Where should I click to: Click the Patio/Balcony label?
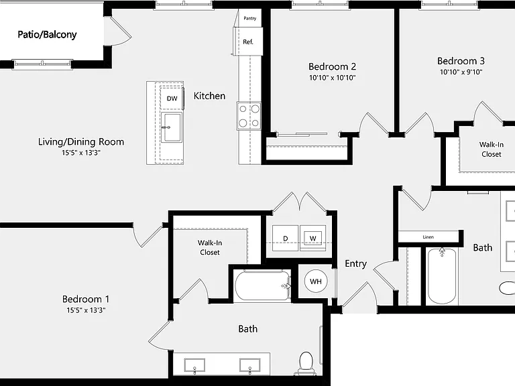47,34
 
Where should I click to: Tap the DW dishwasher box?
172,98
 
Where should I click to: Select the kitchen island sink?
172,127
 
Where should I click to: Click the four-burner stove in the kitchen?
249,116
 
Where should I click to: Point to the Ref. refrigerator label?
248,42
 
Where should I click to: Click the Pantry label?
250,18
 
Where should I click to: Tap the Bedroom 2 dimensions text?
333,78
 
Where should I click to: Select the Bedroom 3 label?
461,61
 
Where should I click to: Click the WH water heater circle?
316,281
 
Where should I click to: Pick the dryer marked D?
285,239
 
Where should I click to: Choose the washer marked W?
312,239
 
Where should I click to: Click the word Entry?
355,264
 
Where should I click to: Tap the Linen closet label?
428,237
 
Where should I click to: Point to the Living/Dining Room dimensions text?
81,153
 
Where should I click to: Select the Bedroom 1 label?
86,299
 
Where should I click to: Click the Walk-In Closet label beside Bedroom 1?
209,247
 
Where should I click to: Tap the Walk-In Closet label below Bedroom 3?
492,149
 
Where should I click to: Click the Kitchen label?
209,96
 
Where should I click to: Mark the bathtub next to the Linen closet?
442,277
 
